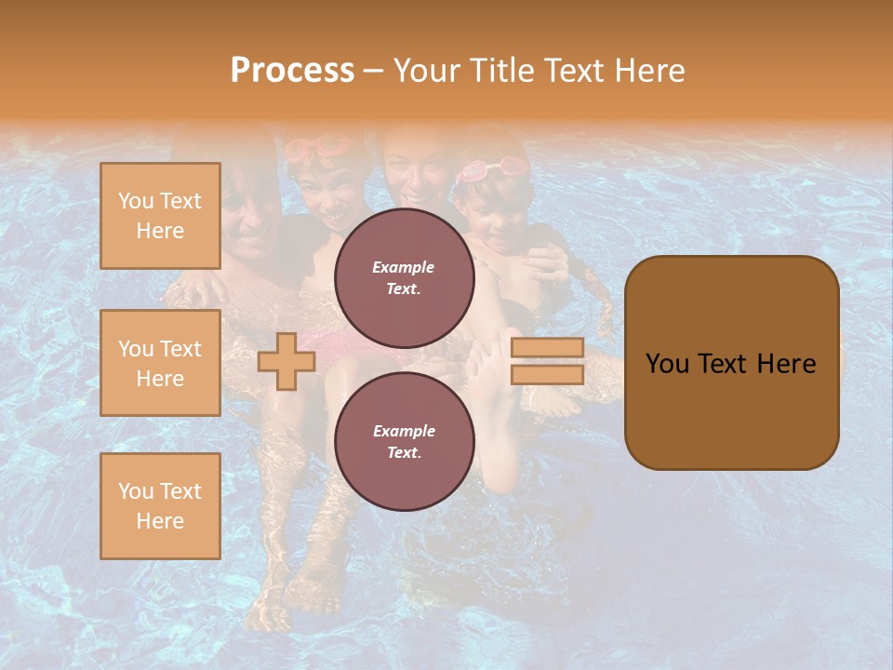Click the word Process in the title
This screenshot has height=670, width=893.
click(292, 71)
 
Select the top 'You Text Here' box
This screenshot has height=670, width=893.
click(160, 216)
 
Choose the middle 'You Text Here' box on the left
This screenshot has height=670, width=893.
click(160, 363)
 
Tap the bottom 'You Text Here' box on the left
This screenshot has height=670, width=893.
click(160, 505)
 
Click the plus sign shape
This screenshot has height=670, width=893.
click(287, 361)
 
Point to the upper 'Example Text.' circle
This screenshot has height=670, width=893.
click(404, 277)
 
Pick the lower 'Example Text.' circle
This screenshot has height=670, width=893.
click(404, 441)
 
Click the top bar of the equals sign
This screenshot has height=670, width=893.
click(547, 348)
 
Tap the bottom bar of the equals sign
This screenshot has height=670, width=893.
click(547, 374)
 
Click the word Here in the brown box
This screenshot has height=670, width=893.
click(786, 364)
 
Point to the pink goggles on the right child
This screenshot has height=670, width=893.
click(491, 170)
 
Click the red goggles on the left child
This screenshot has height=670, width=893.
click(319, 147)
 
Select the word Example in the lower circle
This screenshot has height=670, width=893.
click(404, 431)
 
